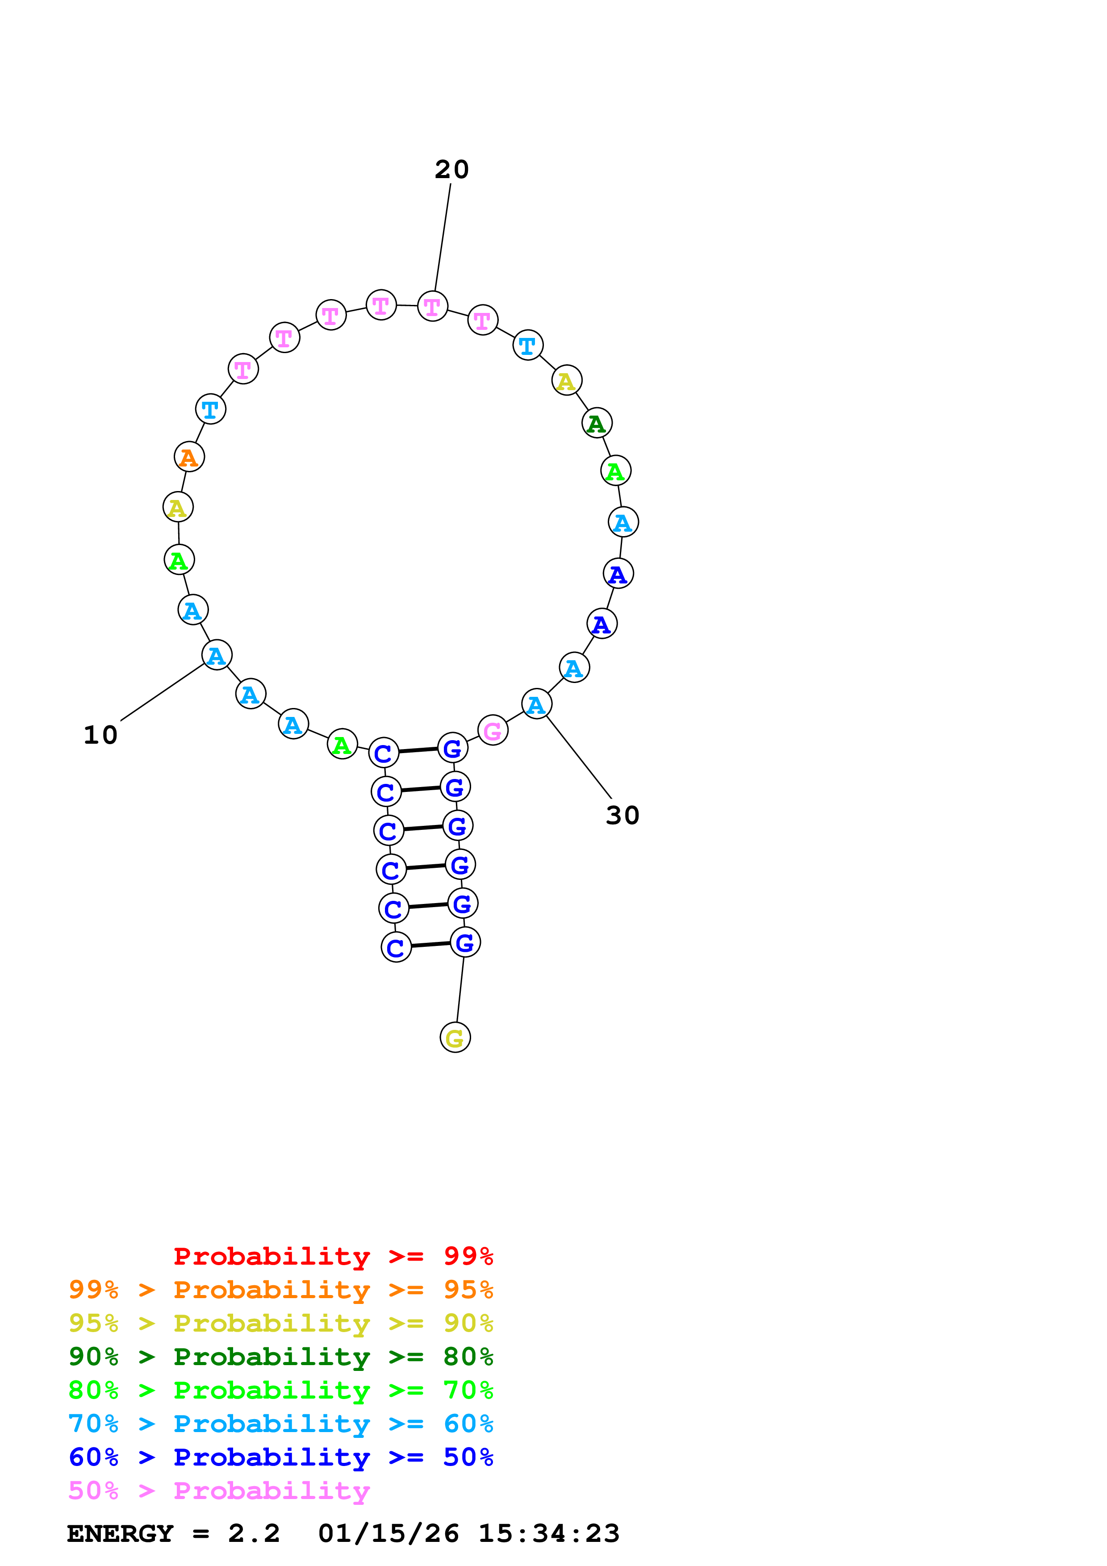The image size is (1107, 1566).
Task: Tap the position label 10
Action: [x=100, y=735]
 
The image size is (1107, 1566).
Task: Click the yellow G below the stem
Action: [x=455, y=1037]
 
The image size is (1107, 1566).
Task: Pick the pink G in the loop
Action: [x=493, y=730]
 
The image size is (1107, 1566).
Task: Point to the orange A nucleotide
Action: [x=189, y=457]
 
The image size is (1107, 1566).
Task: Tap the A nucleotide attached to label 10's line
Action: [x=217, y=655]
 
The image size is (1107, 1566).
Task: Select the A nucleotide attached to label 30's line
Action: [x=537, y=704]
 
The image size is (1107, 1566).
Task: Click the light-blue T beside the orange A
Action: [x=210, y=409]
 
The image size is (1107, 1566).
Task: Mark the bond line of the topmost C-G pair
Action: [x=418, y=750]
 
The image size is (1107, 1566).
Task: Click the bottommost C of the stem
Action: [x=396, y=947]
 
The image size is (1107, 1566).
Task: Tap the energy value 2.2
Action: [x=254, y=1533]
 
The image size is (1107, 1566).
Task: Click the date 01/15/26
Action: [x=388, y=1533]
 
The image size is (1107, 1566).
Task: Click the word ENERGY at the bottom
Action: [x=120, y=1533]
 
